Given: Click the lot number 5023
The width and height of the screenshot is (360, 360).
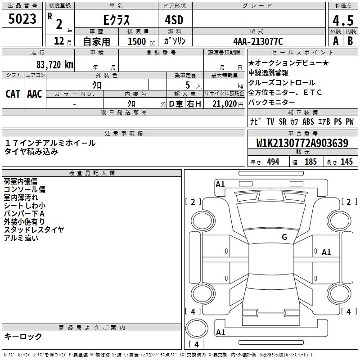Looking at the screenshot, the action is tap(22, 19).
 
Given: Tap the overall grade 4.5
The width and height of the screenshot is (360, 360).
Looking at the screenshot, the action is tap(343, 20).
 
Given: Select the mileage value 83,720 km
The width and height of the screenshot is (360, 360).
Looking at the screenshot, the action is tap(54, 65).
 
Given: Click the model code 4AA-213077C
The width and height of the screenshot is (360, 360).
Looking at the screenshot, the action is tap(258, 41).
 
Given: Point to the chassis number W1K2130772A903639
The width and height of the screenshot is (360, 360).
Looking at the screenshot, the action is tap(302, 143).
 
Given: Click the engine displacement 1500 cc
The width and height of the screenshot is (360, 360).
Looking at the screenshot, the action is tap(141, 41).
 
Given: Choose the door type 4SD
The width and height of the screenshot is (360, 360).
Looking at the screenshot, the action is tap(174, 20).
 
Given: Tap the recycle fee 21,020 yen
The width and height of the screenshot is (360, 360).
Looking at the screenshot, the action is tap(228, 104).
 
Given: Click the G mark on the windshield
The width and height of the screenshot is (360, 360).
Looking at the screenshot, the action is tap(284, 237).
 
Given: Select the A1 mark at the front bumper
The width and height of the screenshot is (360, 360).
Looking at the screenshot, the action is tap(220, 184).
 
